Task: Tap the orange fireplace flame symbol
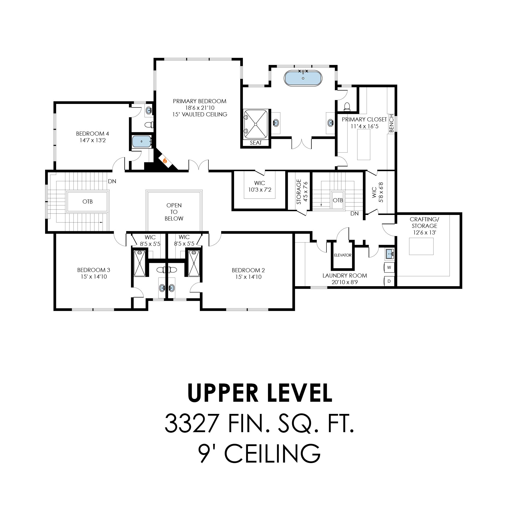pos(165,161)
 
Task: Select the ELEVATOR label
pos(343,255)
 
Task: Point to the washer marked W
pos(389,267)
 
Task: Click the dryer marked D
pos(389,281)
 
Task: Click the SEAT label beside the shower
pos(256,143)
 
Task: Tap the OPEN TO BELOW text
pos(174,212)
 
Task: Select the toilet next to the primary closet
pos(347,107)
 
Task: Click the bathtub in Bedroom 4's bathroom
pos(142,141)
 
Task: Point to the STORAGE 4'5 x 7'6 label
pos(302,192)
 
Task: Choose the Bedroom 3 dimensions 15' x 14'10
pos(94,277)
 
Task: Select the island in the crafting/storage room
pos(421,246)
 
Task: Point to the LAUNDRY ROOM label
pos(345,276)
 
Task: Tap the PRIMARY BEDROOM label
pos(200,101)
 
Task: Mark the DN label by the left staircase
pos(112,181)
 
